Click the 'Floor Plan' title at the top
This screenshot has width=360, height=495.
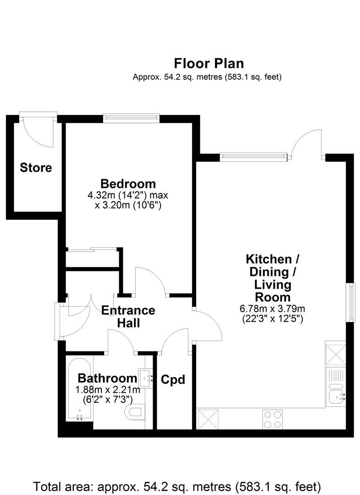209,63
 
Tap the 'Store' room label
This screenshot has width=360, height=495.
36,168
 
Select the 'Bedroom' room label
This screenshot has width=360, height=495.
128,184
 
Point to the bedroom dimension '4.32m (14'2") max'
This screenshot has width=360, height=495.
128,196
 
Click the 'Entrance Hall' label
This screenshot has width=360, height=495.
128,316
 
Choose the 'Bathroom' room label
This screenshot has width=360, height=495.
107,378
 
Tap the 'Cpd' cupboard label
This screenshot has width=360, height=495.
173,379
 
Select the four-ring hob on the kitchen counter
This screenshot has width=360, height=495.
272,419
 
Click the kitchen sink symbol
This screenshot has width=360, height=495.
338,394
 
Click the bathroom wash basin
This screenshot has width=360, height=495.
147,376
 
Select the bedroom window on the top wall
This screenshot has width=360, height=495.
131,118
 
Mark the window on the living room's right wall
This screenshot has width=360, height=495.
352,302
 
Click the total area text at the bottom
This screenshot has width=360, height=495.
177,485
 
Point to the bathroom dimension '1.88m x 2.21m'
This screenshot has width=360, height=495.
107,390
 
